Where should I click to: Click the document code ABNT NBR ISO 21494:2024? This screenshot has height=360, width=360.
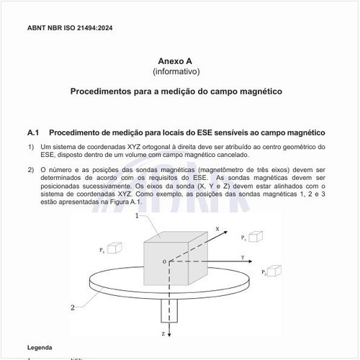69,28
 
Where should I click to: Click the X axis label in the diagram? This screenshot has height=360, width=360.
217,228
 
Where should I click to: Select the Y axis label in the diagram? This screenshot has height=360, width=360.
243,256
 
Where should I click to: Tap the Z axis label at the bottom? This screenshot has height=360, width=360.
163,335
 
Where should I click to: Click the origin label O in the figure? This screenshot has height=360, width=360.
163,261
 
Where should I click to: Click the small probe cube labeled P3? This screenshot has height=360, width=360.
114,247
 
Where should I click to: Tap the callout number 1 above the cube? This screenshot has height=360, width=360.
137,225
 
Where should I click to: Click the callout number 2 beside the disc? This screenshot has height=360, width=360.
73,307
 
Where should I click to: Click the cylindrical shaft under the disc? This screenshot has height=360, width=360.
170,311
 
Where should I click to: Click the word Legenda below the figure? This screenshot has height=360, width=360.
40,348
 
